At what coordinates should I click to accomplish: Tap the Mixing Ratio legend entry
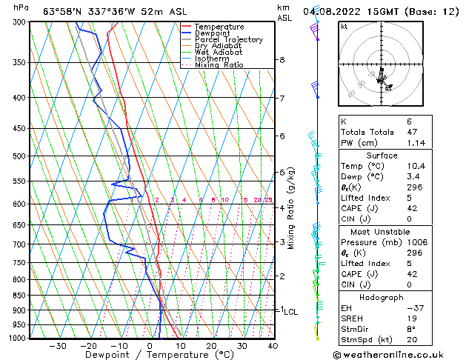[219, 65]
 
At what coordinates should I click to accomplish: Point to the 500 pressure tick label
[19, 156]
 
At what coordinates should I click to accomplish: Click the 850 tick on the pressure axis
[19, 296]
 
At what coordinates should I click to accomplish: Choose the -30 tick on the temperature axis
[58, 346]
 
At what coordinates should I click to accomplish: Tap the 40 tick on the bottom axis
[273, 346]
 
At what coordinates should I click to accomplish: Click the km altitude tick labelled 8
[282, 60]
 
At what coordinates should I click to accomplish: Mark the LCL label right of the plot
[290, 313]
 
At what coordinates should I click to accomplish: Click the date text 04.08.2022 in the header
[330, 10]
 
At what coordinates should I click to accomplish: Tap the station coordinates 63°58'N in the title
[63, 10]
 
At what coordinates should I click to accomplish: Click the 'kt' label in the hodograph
[344, 26]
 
